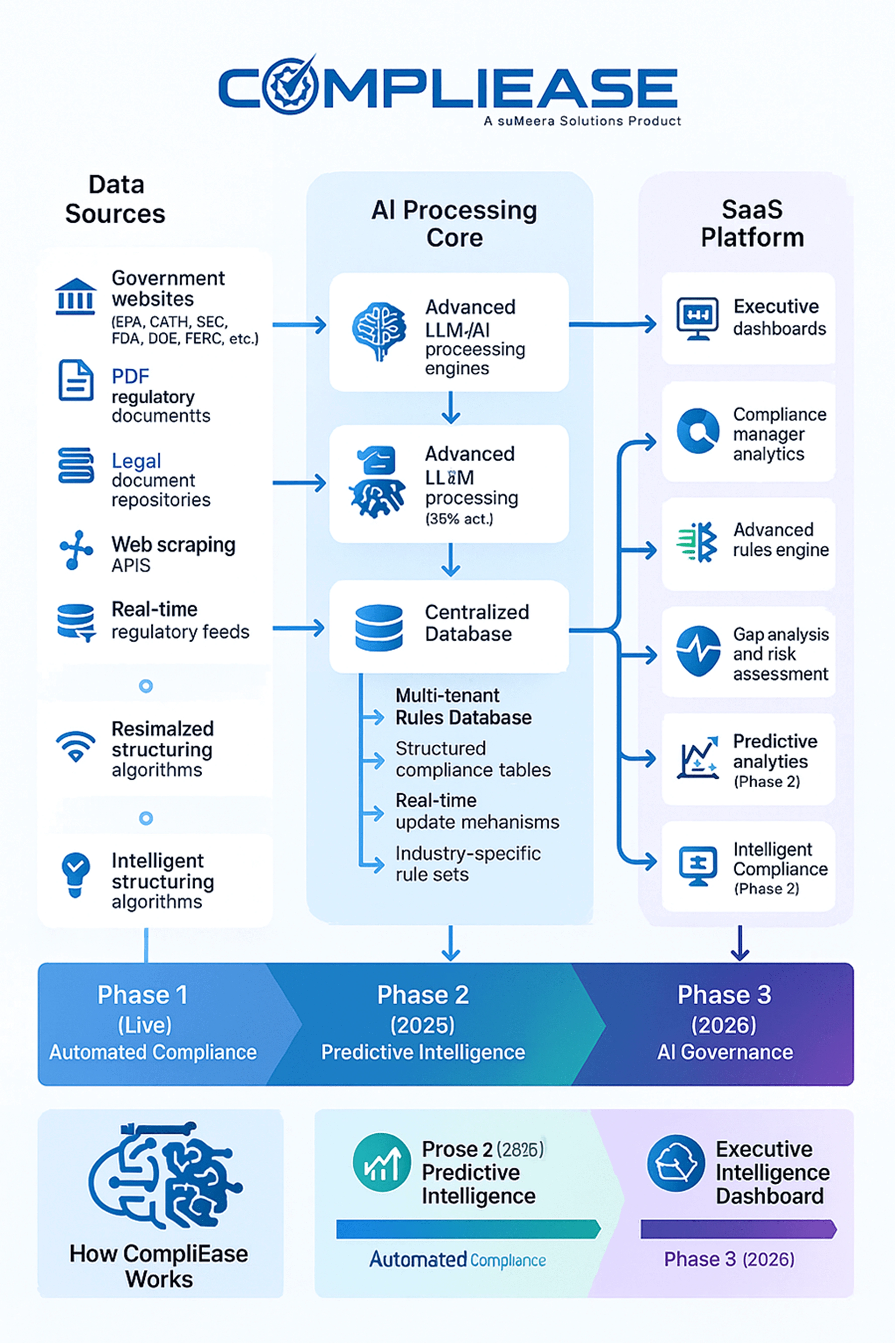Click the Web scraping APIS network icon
[x=75, y=550]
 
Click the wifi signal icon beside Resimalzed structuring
[x=75, y=746]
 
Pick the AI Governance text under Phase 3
[x=725, y=1052]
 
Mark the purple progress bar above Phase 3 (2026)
[x=737, y=1229]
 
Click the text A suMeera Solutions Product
[x=582, y=121]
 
